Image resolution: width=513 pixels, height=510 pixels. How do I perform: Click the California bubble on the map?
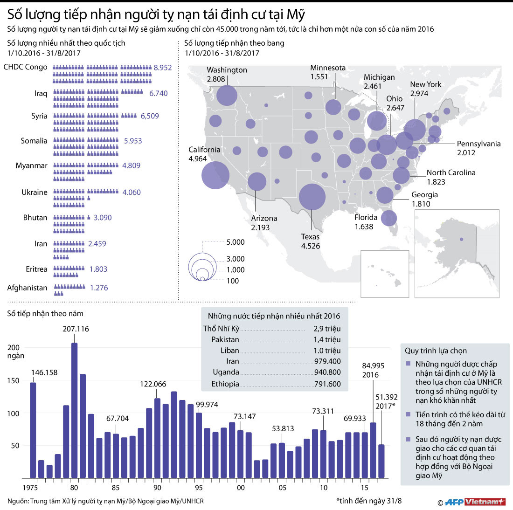(x=215, y=175)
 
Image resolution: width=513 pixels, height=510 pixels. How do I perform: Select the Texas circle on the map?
(x=312, y=197)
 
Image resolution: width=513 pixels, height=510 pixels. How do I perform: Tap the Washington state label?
(x=227, y=70)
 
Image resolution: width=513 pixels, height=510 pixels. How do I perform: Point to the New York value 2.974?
(x=419, y=94)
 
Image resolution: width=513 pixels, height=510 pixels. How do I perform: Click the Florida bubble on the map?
(x=388, y=218)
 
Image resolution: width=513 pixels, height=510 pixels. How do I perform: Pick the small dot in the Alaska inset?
(x=461, y=239)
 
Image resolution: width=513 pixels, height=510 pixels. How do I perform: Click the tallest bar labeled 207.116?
(x=74, y=410)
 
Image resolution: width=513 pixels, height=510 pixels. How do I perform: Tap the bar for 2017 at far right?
(x=381, y=461)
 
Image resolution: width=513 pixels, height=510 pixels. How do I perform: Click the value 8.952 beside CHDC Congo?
(x=163, y=68)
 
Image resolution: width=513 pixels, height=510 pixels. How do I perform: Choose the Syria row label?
(x=39, y=116)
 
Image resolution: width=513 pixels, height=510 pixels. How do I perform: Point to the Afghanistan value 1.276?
(x=99, y=288)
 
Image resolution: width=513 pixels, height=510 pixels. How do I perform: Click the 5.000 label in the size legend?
(x=236, y=242)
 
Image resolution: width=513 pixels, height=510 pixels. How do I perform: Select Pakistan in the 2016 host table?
(x=225, y=339)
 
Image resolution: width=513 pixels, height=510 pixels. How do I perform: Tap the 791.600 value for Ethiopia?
(x=327, y=384)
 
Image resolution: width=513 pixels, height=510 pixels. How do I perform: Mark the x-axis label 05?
(x=282, y=488)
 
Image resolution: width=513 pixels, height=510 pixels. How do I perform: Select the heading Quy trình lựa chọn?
(x=436, y=351)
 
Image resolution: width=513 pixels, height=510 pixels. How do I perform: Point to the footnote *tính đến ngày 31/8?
(x=368, y=501)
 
